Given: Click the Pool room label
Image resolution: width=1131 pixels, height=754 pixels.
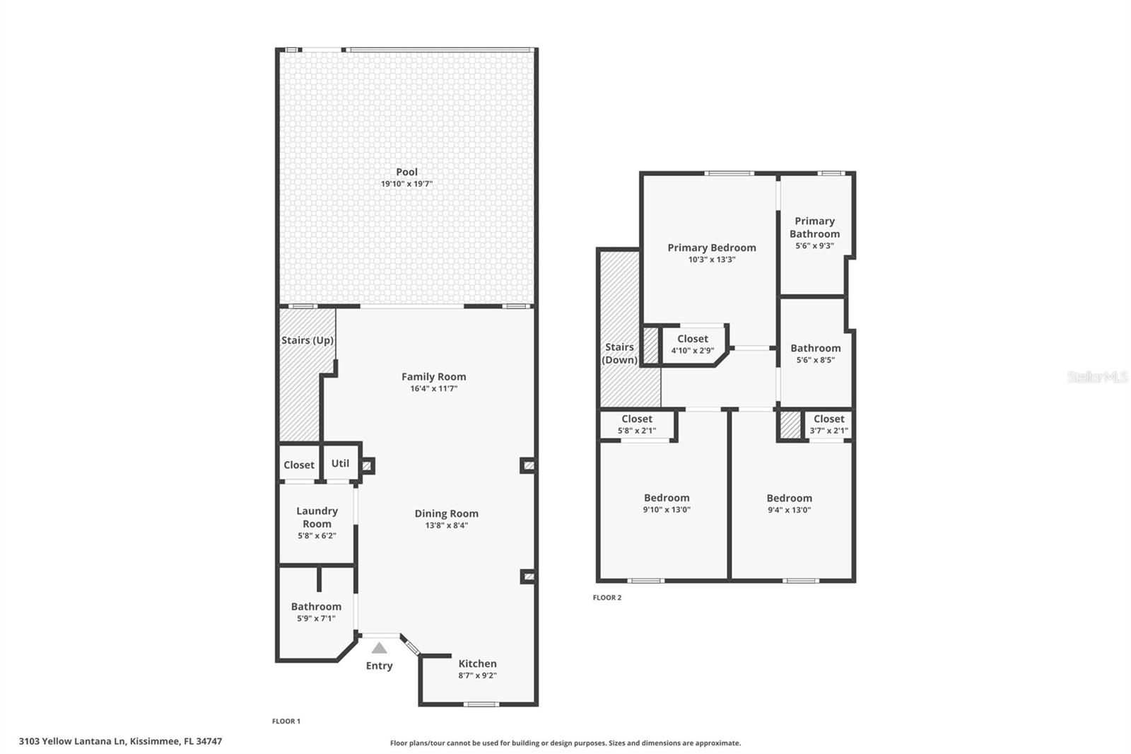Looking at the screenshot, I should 406,172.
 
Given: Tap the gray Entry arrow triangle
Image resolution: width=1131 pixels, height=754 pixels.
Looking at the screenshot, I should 380,648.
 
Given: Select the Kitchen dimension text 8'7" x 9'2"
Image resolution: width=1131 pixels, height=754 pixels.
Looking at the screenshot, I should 477,675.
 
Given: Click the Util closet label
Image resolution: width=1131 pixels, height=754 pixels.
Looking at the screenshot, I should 340,463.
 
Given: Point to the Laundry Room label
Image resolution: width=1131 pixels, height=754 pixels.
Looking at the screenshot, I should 317,517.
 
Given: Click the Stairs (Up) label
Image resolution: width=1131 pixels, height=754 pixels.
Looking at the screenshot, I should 307,340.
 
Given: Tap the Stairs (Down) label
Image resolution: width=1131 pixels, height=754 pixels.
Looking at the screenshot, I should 619,353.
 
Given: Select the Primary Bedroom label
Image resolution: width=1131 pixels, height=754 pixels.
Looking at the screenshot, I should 712,248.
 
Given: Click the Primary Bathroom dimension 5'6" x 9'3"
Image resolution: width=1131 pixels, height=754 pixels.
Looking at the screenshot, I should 814,246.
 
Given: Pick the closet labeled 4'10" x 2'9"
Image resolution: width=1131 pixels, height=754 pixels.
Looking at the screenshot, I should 692,344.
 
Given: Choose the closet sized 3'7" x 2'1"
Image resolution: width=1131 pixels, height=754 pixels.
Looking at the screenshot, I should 828,424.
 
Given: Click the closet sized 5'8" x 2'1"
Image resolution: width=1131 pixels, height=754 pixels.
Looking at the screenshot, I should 637,424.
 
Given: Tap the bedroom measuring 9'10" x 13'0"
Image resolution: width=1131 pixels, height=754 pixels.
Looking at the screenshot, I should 667,503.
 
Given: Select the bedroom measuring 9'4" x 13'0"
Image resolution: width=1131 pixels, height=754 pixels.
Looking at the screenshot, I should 789,503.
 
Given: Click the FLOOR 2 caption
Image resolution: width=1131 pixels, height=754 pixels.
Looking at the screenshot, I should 606,598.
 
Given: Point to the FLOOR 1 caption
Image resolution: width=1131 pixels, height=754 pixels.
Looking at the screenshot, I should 286,721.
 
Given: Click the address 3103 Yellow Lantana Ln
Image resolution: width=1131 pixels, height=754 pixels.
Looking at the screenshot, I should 120,741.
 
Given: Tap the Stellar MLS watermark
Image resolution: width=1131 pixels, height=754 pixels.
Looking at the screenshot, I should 1097,377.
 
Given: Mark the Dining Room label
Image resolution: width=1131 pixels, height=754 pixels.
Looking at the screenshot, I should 446,514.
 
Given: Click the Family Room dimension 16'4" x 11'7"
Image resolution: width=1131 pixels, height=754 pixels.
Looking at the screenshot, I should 433,388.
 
